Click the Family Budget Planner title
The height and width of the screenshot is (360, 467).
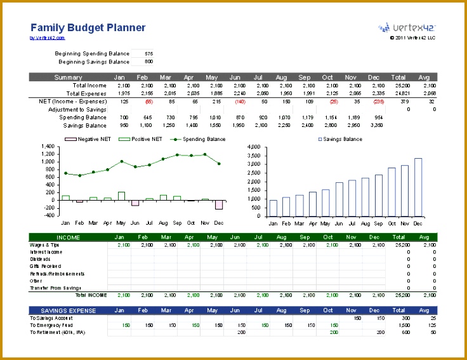[x=88, y=27]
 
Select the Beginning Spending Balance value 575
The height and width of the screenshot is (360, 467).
[x=148, y=54]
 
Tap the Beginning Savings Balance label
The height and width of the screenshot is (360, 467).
[x=93, y=62]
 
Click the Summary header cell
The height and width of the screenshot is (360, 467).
[x=68, y=77]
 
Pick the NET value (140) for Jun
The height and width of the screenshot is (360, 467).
[x=240, y=102]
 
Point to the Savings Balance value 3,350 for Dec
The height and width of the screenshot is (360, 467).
[x=376, y=126]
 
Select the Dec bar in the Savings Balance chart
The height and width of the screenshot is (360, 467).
[x=418, y=188]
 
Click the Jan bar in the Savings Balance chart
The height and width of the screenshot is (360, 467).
[x=273, y=209]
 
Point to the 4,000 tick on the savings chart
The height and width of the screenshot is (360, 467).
[x=253, y=147]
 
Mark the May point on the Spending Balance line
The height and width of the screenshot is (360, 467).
[x=121, y=161]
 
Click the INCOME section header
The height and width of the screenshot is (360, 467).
[x=68, y=237]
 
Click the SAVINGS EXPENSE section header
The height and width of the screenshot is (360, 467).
[x=68, y=310]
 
